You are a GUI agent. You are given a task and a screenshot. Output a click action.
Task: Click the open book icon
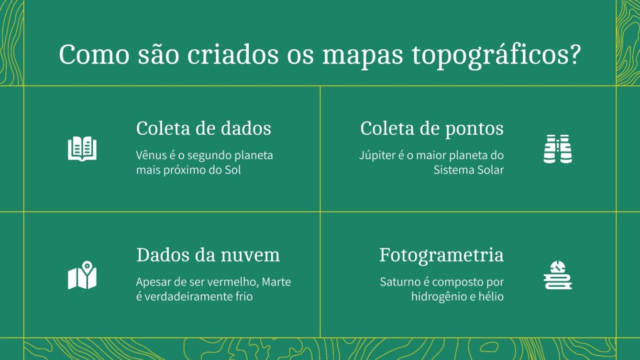(x=82, y=148)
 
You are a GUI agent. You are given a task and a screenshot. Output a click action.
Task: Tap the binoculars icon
(x=558, y=149)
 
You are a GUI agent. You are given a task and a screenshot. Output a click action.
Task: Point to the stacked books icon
(x=558, y=275)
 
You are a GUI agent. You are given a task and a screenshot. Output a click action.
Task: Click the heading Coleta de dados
(x=203, y=128)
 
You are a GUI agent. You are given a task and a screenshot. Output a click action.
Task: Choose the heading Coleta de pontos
(x=431, y=128)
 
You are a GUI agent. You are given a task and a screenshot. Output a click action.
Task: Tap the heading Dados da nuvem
(x=208, y=255)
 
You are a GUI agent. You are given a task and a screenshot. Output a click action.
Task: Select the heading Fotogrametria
(x=441, y=255)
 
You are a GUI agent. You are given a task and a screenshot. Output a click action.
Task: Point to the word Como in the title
(x=94, y=55)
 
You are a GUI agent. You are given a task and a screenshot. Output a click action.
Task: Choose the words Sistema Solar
(x=469, y=170)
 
